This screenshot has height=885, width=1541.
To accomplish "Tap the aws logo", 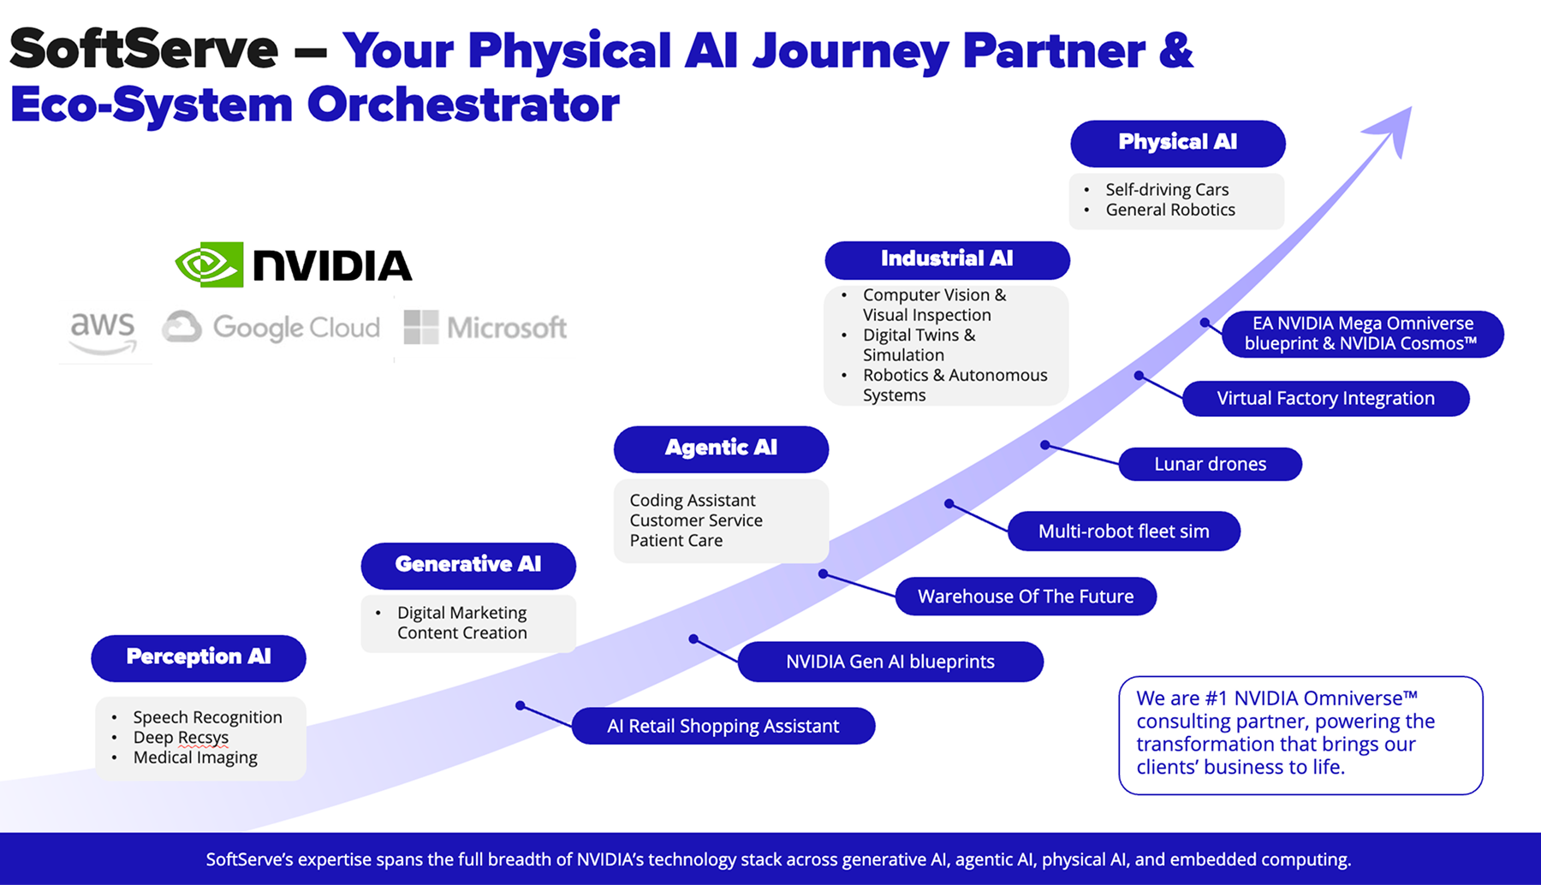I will (103, 331).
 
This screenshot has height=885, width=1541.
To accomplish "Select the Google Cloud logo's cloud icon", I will (182, 327).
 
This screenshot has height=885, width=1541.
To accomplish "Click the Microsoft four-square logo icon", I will (420, 327).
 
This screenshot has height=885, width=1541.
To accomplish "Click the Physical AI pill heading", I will (1177, 143).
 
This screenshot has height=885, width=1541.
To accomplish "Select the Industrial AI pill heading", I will (947, 259).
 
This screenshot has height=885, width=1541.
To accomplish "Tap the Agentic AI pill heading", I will (721, 448).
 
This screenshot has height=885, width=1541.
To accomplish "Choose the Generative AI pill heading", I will (468, 565).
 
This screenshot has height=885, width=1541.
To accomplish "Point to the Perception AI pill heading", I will (199, 657).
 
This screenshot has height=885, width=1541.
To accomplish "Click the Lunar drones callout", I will (1210, 464).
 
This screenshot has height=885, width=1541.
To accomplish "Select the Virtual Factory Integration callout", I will (1325, 398).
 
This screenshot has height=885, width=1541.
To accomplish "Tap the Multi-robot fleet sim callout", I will (1123, 532).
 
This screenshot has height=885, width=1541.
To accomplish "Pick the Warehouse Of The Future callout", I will (1026, 597).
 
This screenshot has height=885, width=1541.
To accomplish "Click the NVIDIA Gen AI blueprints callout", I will (890, 662).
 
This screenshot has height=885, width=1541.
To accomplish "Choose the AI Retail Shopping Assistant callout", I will (723, 726).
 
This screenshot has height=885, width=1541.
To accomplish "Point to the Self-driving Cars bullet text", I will (1167, 189).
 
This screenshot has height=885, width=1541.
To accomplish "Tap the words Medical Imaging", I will (195, 757).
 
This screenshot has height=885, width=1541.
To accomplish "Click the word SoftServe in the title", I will (144, 50).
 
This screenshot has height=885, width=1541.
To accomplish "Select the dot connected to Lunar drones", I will (1044, 445).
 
